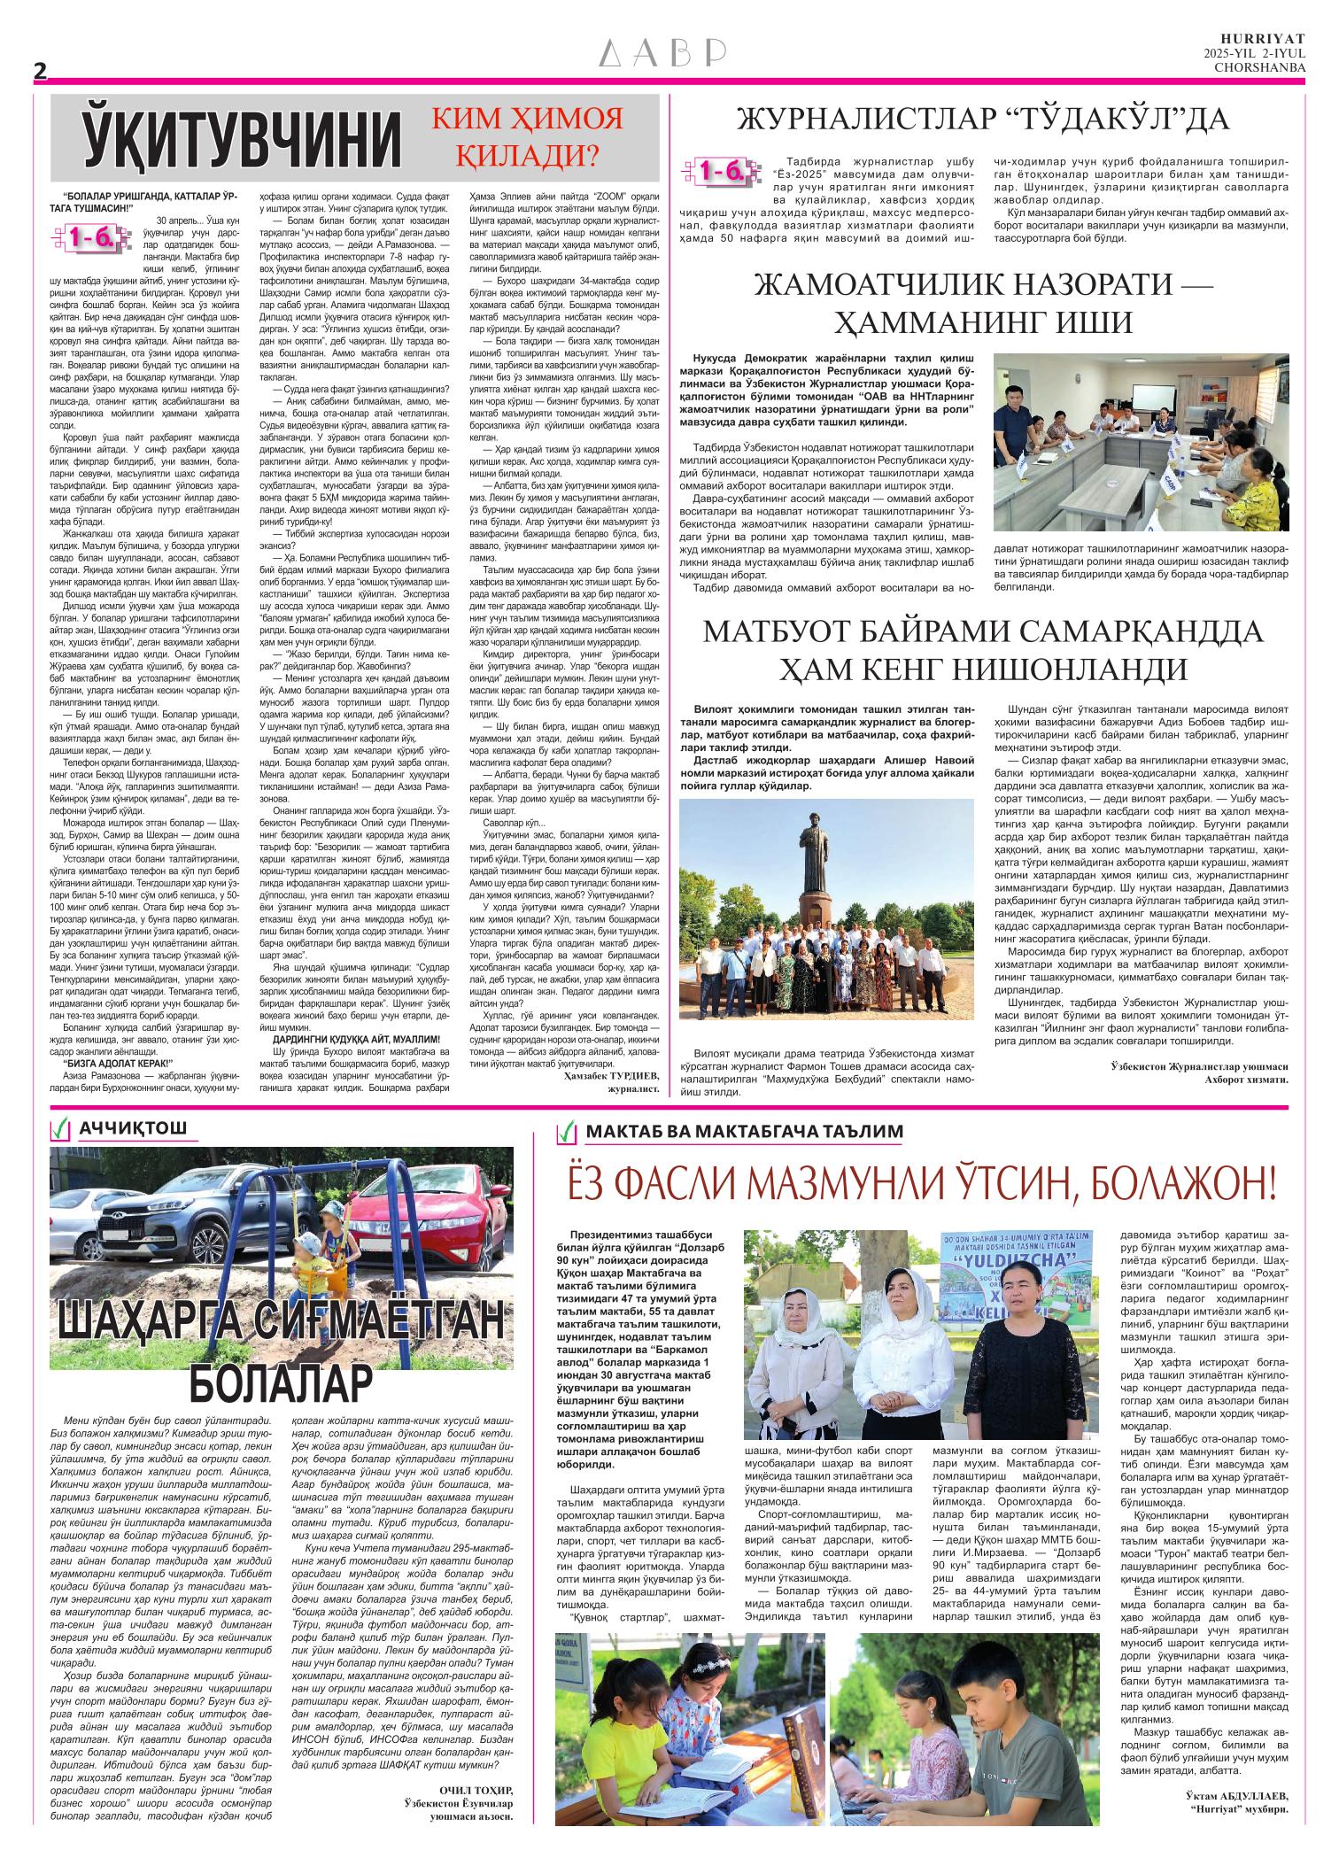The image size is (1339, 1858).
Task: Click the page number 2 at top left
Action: (x=40, y=72)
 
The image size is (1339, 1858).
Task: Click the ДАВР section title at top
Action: (x=663, y=55)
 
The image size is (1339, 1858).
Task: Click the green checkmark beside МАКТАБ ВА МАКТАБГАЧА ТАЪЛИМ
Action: (x=564, y=1132)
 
